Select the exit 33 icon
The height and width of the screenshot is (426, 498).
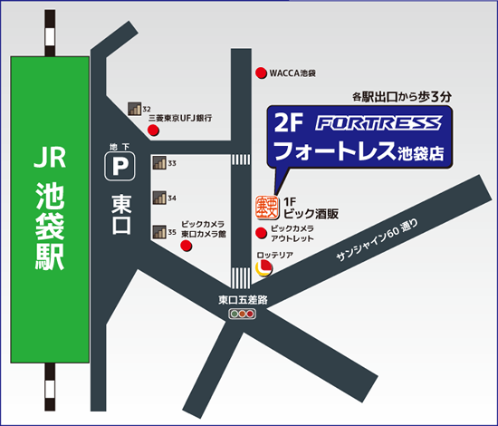[158, 163]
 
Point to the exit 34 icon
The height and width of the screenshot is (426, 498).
[158, 198]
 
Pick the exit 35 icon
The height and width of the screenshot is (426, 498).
[158, 232]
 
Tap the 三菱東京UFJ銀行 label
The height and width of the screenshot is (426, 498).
[181, 118]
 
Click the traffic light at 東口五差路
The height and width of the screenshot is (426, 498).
[242, 314]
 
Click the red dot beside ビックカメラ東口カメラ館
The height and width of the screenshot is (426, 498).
[187, 244]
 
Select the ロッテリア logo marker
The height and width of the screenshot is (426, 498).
[263, 267]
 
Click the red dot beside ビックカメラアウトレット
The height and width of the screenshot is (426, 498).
[262, 233]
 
